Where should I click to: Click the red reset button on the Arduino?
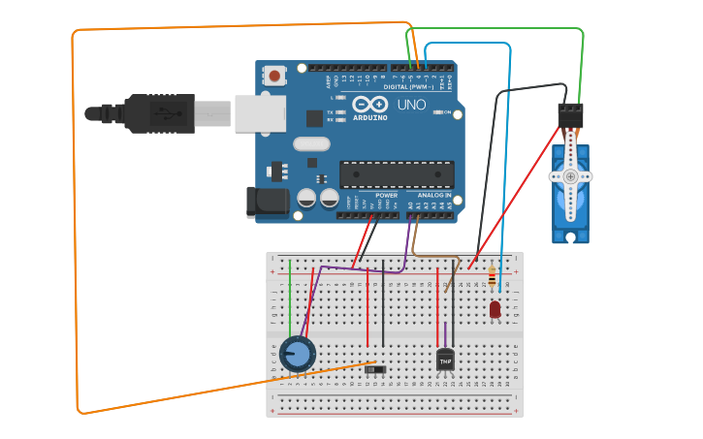click(274, 76)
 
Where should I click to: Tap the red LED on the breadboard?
click(495, 309)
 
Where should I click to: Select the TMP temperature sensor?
click(445, 360)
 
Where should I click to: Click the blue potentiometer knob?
click(299, 354)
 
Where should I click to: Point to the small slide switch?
click(375, 367)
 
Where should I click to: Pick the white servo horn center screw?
click(570, 176)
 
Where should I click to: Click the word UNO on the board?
click(411, 105)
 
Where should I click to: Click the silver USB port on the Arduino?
click(260, 113)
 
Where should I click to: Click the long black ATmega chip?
click(397, 174)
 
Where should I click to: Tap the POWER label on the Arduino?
click(386, 195)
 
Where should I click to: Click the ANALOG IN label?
click(433, 195)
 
